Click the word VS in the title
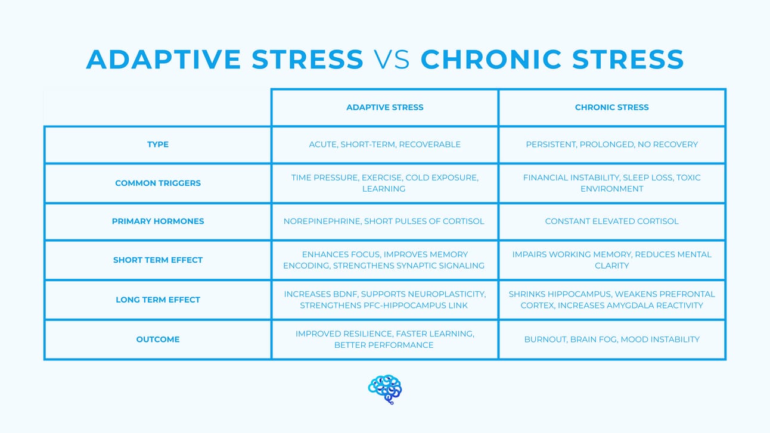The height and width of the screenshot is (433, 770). click(x=392, y=60)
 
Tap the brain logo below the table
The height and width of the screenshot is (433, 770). click(x=385, y=389)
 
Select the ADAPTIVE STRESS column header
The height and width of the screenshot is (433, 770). click(x=384, y=108)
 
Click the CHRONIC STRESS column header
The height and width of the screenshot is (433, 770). click(x=612, y=108)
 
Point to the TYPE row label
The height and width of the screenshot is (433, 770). click(x=158, y=144)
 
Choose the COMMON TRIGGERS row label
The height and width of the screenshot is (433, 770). click(x=158, y=183)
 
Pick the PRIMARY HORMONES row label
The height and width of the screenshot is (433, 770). click(x=158, y=222)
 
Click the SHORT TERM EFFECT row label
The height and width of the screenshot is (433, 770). click(x=158, y=260)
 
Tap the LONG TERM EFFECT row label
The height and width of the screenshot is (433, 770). click(x=158, y=300)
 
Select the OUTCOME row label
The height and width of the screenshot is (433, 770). click(x=158, y=339)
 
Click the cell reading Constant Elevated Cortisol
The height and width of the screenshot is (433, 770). click(x=612, y=222)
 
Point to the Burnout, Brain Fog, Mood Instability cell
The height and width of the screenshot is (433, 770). click(x=612, y=339)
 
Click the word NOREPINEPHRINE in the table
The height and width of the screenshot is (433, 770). click(x=322, y=222)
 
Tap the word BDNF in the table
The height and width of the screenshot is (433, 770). click(x=345, y=294)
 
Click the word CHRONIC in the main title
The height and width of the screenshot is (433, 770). click(x=491, y=60)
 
